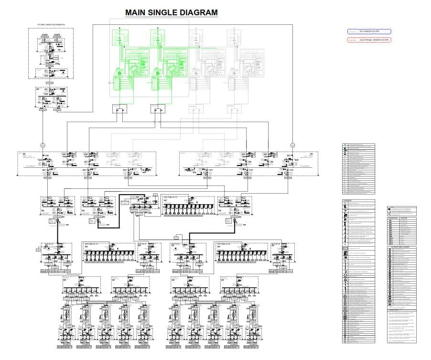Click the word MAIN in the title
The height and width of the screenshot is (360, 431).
click(136, 13)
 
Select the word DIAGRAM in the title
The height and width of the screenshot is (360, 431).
click(199, 13)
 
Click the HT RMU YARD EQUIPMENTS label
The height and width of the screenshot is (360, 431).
click(51, 24)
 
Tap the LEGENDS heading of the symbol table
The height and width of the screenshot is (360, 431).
click(348, 200)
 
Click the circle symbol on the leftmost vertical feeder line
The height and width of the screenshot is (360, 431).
click(42, 144)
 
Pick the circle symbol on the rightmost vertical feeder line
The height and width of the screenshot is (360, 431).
click(292, 144)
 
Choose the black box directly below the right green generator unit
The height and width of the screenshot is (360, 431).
click(157, 109)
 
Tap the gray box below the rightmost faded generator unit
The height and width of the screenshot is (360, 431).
click(234, 109)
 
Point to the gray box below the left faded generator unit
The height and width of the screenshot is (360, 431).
click(195, 109)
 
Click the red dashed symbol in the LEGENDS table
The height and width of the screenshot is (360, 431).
click(345, 249)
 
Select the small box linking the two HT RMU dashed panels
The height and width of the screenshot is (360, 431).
click(49, 83)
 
